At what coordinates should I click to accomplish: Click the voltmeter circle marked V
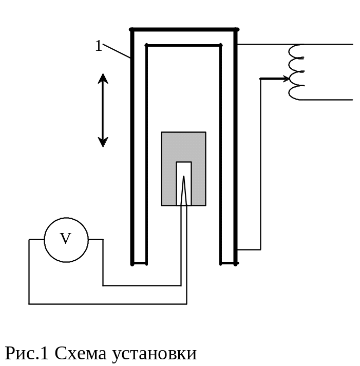(66, 240)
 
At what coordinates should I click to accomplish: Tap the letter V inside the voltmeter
(66, 239)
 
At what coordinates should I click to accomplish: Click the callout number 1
(99, 46)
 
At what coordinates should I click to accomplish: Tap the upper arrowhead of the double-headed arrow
(103, 80)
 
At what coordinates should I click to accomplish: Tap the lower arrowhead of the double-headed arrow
(103, 141)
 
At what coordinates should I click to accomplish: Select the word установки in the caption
(154, 354)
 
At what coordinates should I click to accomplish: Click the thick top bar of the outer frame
(184, 30)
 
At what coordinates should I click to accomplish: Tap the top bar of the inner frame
(184, 46)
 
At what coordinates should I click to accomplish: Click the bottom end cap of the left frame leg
(139, 263)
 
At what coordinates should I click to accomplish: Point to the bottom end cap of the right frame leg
(229, 263)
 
